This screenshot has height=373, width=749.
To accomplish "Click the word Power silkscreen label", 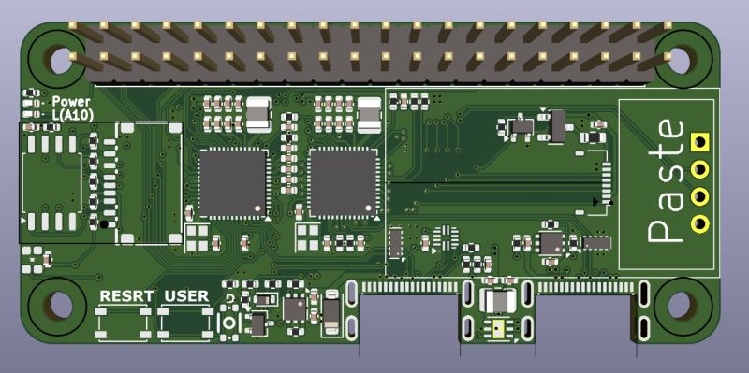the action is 71,101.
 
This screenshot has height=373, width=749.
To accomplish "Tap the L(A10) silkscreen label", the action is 73,114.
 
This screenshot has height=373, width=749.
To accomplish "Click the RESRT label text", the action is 126,296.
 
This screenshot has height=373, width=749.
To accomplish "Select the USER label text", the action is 186,296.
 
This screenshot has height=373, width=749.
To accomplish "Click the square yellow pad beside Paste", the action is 699,141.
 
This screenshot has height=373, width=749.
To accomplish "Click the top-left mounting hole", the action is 61,60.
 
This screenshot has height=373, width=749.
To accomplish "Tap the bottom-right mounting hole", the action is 680,306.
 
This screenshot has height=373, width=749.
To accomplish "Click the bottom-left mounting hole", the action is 61,306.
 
